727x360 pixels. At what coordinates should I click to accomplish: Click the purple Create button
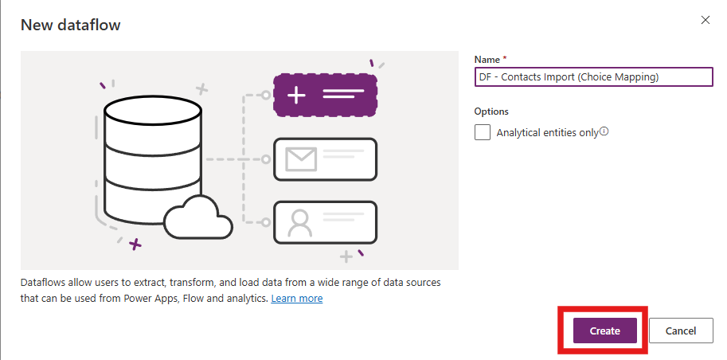(x=604, y=331)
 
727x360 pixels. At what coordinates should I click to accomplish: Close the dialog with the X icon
(x=706, y=20)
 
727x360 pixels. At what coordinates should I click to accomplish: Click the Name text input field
(x=593, y=77)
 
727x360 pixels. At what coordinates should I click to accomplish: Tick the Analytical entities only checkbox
(x=483, y=132)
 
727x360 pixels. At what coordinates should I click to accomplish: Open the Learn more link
(x=297, y=299)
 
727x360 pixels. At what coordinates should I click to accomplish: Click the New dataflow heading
(x=71, y=25)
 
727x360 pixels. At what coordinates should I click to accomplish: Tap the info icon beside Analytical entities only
(x=604, y=131)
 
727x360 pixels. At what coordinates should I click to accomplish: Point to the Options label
(x=491, y=112)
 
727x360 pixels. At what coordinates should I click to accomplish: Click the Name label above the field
(x=487, y=60)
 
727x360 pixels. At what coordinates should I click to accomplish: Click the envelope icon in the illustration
(x=301, y=159)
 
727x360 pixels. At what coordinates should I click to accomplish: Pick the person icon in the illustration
(x=299, y=223)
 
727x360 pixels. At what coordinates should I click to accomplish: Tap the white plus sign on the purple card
(x=296, y=95)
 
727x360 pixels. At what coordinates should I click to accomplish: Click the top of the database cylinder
(x=153, y=110)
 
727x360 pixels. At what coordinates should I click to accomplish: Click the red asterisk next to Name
(x=505, y=58)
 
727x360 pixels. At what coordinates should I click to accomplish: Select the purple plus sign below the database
(x=135, y=244)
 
